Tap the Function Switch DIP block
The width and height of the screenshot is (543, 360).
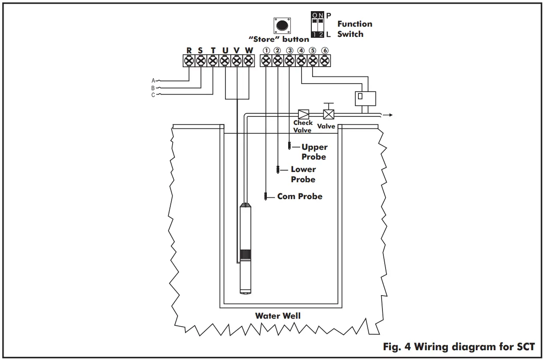pyautogui.click(x=318, y=25)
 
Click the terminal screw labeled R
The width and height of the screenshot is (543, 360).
pyautogui.click(x=189, y=60)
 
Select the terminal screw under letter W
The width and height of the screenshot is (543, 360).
pyautogui.click(x=249, y=60)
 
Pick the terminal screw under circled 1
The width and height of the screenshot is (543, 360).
pyautogui.click(x=266, y=60)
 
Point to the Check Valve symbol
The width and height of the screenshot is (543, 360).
pyautogui.click(x=304, y=114)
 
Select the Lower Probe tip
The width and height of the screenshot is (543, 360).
pyautogui.click(x=278, y=169)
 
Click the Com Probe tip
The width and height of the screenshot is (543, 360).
pyautogui.click(x=265, y=196)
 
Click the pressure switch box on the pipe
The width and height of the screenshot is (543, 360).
pyautogui.click(x=365, y=98)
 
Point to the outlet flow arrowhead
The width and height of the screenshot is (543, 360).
pyautogui.click(x=390, y=115)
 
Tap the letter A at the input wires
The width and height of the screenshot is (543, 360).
pyautogui.click(x=153, y=80)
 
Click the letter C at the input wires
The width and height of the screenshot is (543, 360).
pyautogui.click(x=153, y=95)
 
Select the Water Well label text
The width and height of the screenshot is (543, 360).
pyautogui.click(x=278, y=316)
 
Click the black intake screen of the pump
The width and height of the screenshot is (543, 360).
pyautogui.click(x=245, y=256)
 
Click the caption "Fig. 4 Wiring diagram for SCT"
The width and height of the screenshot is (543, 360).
pyautogui.click(x=459, y=346)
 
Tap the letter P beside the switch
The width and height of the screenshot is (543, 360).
pyautogui.click(x=329, y=16)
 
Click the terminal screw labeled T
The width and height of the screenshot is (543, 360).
pyautogui.click(x=213, y=60)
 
